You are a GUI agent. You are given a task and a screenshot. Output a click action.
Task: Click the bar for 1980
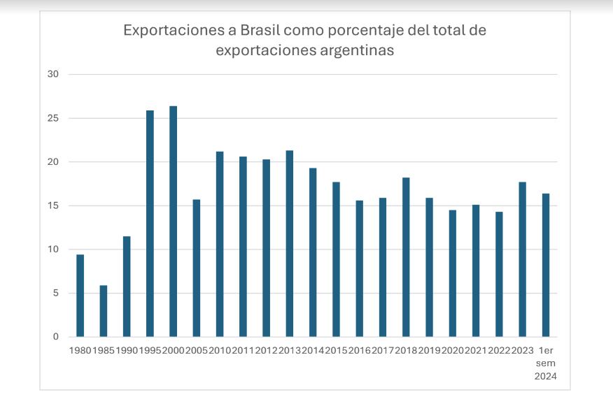(x=80, y=296)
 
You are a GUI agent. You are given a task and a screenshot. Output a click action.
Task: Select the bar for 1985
(x=104, y=311)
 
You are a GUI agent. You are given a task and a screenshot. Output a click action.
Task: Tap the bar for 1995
(x=150, y=224)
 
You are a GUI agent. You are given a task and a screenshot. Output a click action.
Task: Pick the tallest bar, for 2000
(x=173, y=222)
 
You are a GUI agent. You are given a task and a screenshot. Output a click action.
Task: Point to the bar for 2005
(x=197, y=268)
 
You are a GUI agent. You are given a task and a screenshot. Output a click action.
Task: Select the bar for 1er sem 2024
(x=546, y=265)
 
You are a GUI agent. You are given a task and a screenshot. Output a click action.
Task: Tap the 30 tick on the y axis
(x=55, y=75)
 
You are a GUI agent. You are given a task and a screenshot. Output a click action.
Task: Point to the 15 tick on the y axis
(x=55, y=205)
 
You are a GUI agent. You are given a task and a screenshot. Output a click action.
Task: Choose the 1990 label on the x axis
(x=127, y=350)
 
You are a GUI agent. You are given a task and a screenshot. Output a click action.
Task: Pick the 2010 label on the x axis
(x=220, y=350)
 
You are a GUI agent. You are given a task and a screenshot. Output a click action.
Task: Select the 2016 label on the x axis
(x=360, y=350)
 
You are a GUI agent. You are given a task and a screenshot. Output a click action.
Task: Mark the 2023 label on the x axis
(x=523, y=350)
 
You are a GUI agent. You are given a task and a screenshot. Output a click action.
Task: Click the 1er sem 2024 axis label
(x=546, y=363)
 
